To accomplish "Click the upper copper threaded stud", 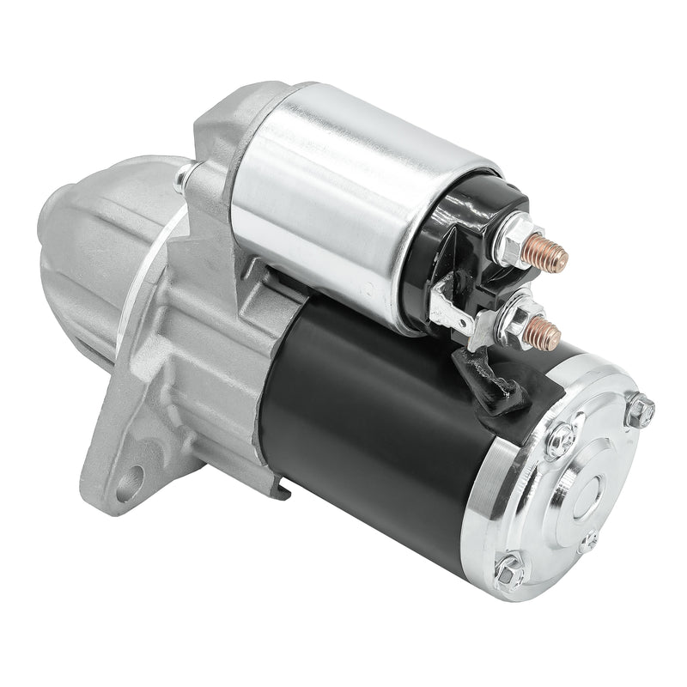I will click(550, 250).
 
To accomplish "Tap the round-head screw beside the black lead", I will click(560, 439).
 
